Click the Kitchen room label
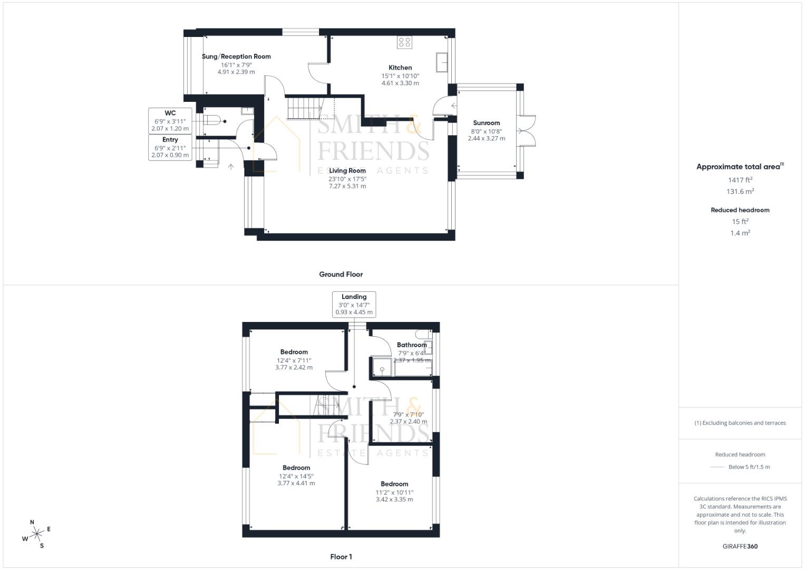[400, 68]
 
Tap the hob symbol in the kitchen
[404, 42]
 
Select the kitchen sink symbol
[442, 62]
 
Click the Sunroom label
[486, 123]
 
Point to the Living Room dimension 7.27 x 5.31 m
[347, 186]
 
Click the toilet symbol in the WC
[212, 120]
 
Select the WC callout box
[170, 121]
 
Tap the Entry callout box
[170, 148]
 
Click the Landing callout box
[354, 305]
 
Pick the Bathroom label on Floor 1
[412, 345]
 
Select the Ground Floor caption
[341, 274]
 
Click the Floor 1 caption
[341, 557]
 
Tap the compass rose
[36, 534]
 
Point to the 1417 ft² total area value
[740, 180]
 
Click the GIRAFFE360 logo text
[740, 546]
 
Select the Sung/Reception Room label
[236, 56]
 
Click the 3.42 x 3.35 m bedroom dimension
[394, 499]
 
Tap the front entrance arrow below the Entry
[231, 167]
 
